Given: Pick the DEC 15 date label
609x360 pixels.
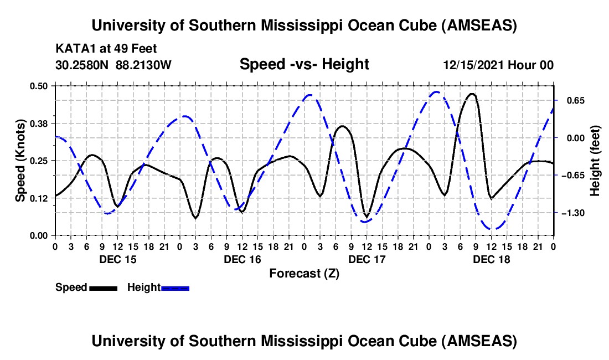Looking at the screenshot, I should pos(117,259).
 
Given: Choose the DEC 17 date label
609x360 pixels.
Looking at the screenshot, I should pos(367,259).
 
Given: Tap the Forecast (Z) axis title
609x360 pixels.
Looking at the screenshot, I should pos(304,273).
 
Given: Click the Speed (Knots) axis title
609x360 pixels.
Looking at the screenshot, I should pos(20,160).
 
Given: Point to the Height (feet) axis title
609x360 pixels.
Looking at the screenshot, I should pos(596,160).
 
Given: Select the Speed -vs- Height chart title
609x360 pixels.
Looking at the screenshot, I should pos(304,65).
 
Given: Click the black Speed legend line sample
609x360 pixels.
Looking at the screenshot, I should pos(103,288).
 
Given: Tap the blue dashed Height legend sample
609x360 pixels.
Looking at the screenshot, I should pos(176,288).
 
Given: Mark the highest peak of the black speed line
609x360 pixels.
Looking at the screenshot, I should pos(472,94).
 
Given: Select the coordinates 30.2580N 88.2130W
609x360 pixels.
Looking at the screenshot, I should pos(113,65).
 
